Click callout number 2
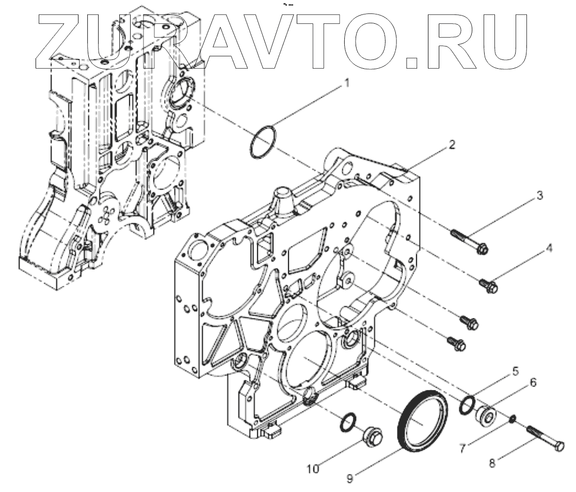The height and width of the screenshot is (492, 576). [x=452, y=145]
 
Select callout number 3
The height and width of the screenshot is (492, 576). [x=539, y=196]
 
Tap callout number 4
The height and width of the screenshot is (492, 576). [x=549, y=249]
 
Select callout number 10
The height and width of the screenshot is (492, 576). [x=313, y=468]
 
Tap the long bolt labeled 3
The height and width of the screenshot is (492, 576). [x=469, y=241]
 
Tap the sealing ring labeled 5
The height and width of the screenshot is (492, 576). [x=468, y=405]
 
